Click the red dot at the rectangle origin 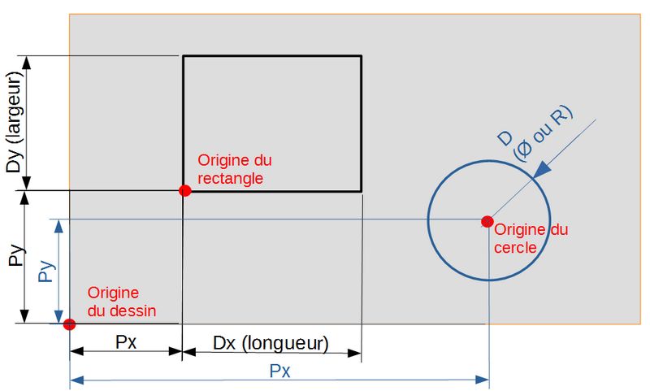tap(184, 190)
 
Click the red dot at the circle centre tap(487, 221)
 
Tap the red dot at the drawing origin tap(69, 324)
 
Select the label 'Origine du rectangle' tap(231, 169)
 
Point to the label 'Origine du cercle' tap(531, 239)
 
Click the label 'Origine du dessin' tap(122, 301)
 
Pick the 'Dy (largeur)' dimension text tap(14, 123)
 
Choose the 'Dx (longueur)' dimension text tap(271, 343)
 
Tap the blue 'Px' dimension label tap(280, 371)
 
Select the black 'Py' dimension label tap(14, 257)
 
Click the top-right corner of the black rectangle tap(362, 56)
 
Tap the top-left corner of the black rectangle tap(183, 56)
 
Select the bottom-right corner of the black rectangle tap(362, 191)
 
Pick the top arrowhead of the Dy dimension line tap(28, 61)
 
